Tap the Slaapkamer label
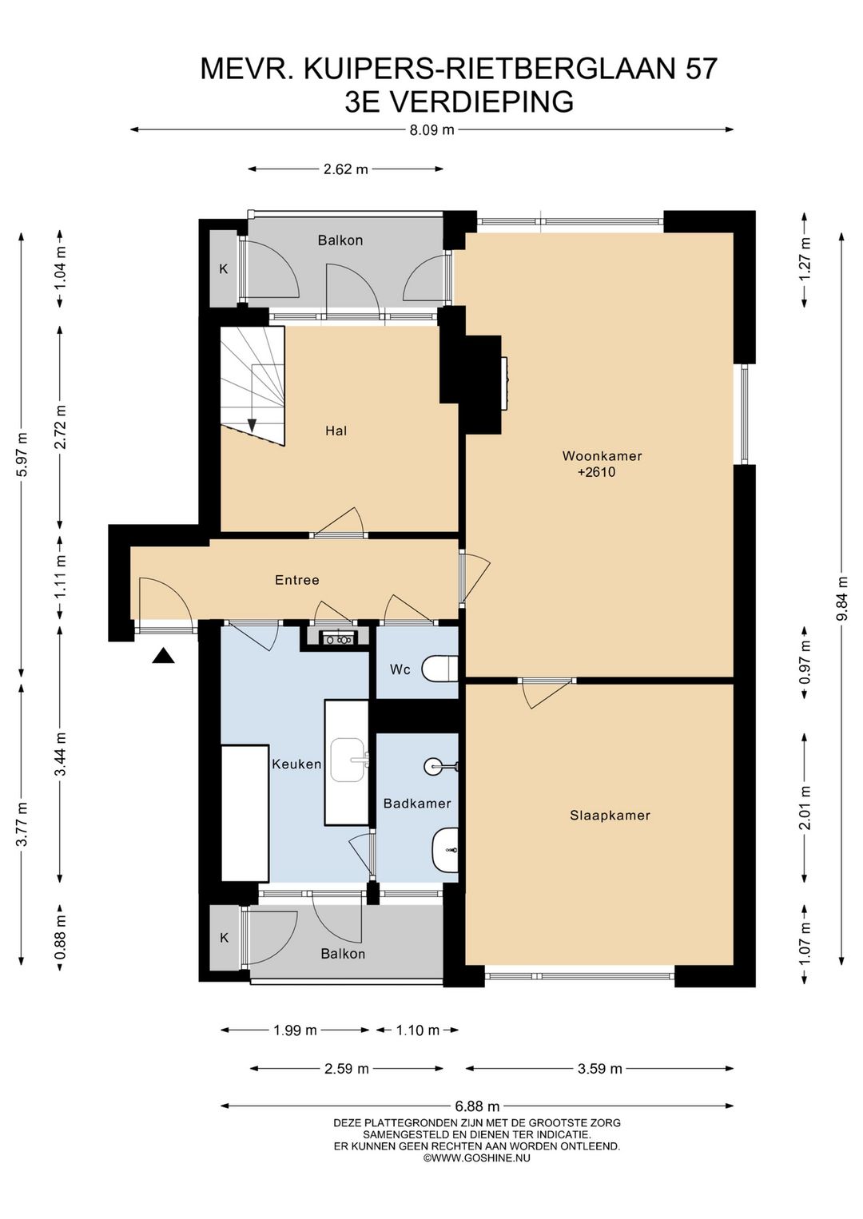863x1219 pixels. (610, 816)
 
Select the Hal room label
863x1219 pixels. (336, 431)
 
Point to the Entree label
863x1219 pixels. (296, 580)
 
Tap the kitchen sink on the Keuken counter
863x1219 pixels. (349, 760)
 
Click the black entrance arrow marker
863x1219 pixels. (163, 656)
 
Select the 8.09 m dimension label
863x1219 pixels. (431, 130)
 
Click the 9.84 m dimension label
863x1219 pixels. (843, 598)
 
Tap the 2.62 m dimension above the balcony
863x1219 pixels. (346, 169)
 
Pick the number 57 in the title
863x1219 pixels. (701, 69)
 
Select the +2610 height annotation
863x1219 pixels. (597, 472)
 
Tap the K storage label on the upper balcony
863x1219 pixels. (223, 269)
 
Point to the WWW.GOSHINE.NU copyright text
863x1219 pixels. (476, 1158)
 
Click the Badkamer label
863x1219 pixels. (417, 804)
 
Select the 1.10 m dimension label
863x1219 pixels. (418, 1030)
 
